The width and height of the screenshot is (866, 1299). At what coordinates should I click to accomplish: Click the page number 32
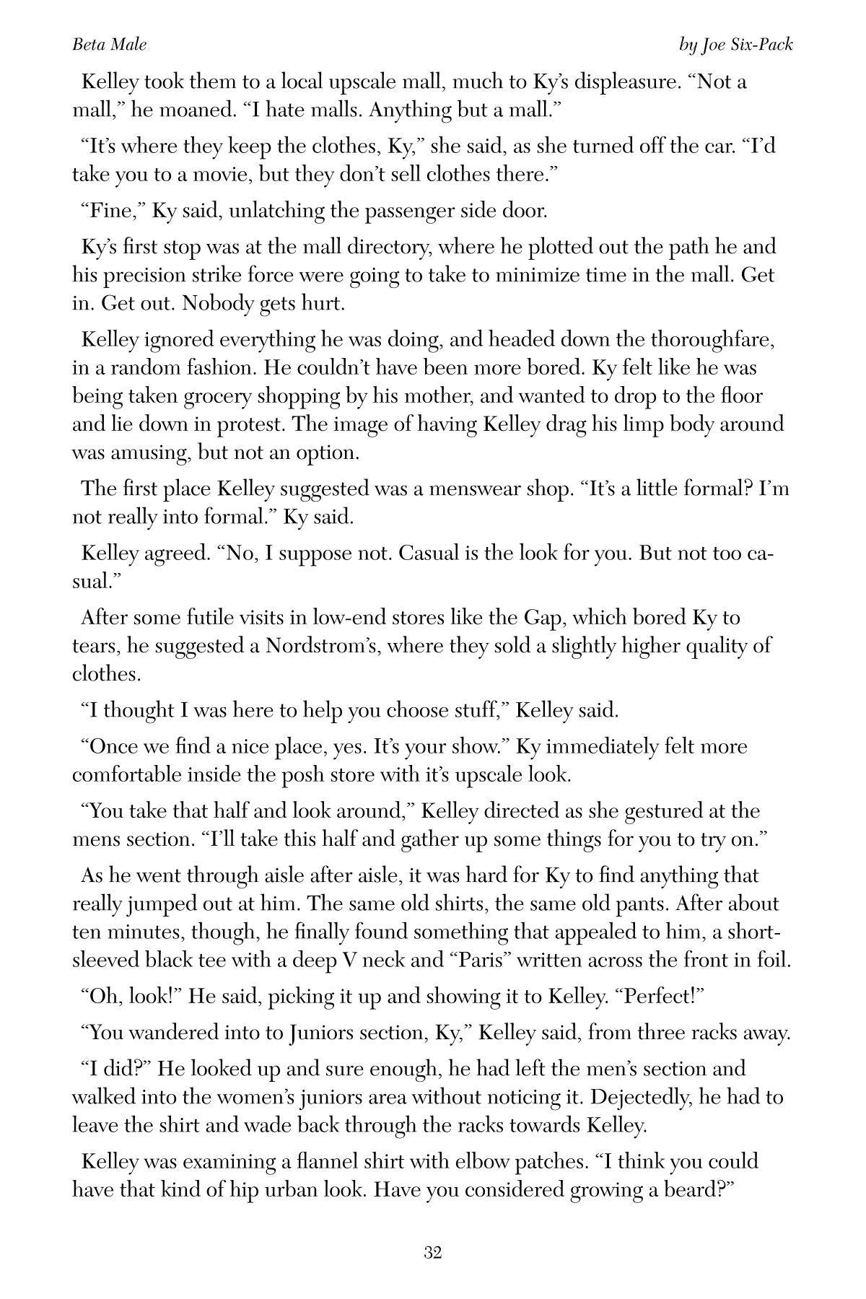pyautogui.click(x=432, y=1253)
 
